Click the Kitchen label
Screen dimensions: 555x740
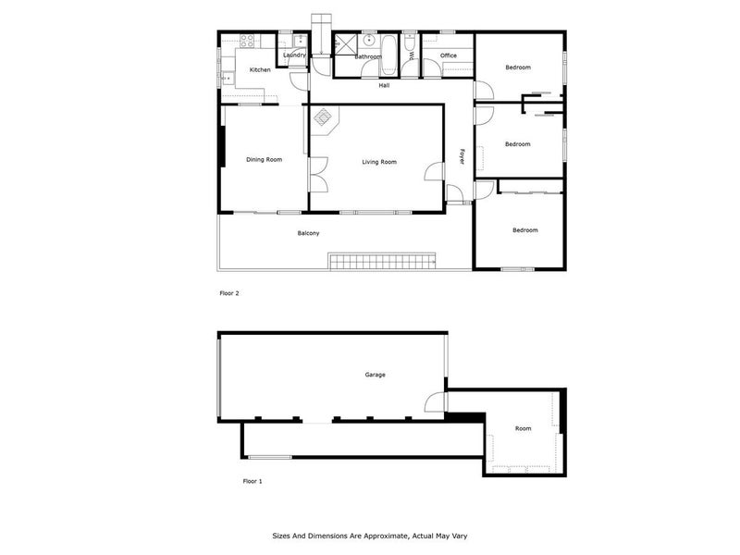[x=260, y=70]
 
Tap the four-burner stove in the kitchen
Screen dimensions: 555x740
[x=248, y=41]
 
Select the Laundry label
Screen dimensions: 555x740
[x=294, y=55]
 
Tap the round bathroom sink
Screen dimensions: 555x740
[x=369, y=41]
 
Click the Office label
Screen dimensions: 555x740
[x=449, y=55]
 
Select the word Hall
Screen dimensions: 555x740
[x=384, y=85]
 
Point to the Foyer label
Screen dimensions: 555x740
[x=462, y=157]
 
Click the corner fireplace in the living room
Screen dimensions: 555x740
[x=324, y=117]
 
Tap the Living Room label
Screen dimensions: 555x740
[x=379, y=162]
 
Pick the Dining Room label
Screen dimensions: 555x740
[x=264, y=160]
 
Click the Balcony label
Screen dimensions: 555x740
[x=308, y=233]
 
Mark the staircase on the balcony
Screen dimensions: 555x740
[x=381, y=262]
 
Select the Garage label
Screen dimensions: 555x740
[x=375, y=375]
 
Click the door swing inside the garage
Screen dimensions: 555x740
[x=433, y=403]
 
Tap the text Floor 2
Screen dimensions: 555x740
[x=228, y=293]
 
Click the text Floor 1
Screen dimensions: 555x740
[x=253, y=481]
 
